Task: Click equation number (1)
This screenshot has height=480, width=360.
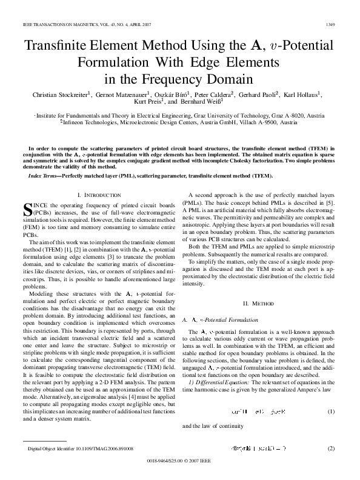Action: pyautogui.click(x=332, y=412)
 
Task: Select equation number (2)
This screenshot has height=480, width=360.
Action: pyautogui.click(x=332, y=448)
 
